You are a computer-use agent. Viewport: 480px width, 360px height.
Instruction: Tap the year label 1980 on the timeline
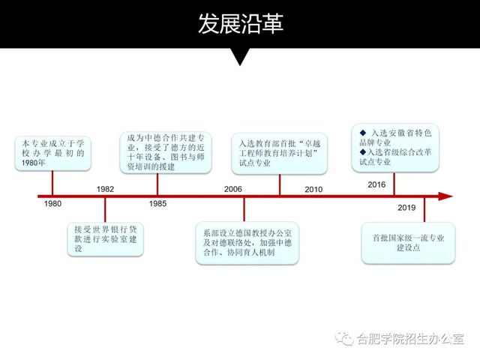(52, 204)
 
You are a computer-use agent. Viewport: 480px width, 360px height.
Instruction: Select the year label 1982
(106, 188)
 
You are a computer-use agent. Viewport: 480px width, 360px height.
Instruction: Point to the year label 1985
(157, 204)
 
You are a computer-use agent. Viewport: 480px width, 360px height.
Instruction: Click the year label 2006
(233, 188)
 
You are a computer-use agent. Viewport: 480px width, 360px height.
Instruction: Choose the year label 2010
(314, 189)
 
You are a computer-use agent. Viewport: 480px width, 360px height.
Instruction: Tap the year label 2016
(377, 184)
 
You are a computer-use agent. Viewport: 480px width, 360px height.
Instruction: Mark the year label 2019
(407, 208)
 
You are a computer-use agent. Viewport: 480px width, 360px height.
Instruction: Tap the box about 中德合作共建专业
(166, 153)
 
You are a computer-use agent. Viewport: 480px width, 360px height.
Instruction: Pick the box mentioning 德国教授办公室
(247, 242)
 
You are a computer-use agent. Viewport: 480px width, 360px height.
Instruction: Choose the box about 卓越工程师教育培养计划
(280, 153)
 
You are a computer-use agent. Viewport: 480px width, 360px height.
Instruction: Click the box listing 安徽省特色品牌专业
(395, 145)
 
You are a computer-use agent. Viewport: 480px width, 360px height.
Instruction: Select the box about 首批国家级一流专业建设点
(408, 242)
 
